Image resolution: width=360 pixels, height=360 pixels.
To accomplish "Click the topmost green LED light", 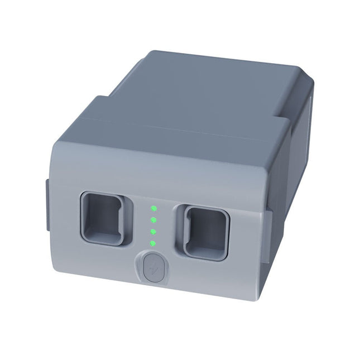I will [x=153, y=209].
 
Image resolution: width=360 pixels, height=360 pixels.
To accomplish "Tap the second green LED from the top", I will [x=153, y=220].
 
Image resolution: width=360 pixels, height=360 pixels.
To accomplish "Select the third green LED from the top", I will [x=153, y=231].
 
